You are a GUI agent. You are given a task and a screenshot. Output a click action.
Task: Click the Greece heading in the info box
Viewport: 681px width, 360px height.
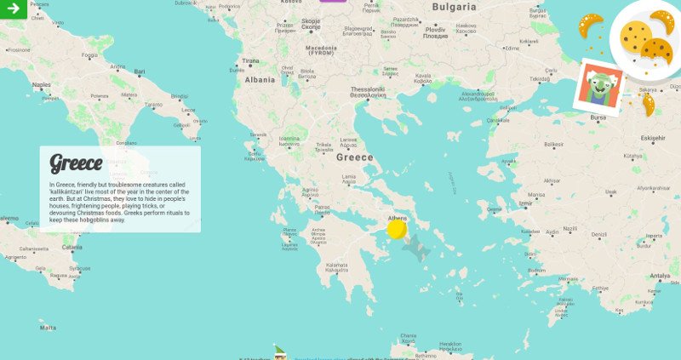(x=76, y=163)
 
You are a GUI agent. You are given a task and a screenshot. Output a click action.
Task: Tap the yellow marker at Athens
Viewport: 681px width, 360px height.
(x=396, y=228)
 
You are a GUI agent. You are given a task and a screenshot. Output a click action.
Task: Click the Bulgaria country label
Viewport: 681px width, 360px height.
(x=455, y=7)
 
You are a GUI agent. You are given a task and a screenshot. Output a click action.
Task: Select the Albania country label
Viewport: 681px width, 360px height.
(x=260, y=80)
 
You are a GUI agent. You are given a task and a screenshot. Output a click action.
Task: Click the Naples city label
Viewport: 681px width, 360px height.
(x=41, y=84)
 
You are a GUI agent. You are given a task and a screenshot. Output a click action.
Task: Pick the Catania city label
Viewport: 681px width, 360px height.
(x=72, y=248)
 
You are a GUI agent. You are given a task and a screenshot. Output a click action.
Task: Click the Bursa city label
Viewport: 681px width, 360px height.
(x=599, y=117)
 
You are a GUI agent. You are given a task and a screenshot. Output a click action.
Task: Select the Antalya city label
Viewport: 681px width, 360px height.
(x=660, y=276)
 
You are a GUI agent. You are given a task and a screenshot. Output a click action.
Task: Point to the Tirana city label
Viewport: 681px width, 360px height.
(x=250, y=61)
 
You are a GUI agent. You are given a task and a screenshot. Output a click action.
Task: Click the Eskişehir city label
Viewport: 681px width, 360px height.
(x=653, y=138)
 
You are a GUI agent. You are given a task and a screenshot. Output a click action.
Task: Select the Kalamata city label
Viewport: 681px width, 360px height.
(x=337, y=265)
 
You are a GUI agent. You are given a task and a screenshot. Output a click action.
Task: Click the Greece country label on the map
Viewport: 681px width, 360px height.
(x=354, y=157)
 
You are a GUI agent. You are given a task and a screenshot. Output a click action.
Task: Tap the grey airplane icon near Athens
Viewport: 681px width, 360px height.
(x=415, y=249)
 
